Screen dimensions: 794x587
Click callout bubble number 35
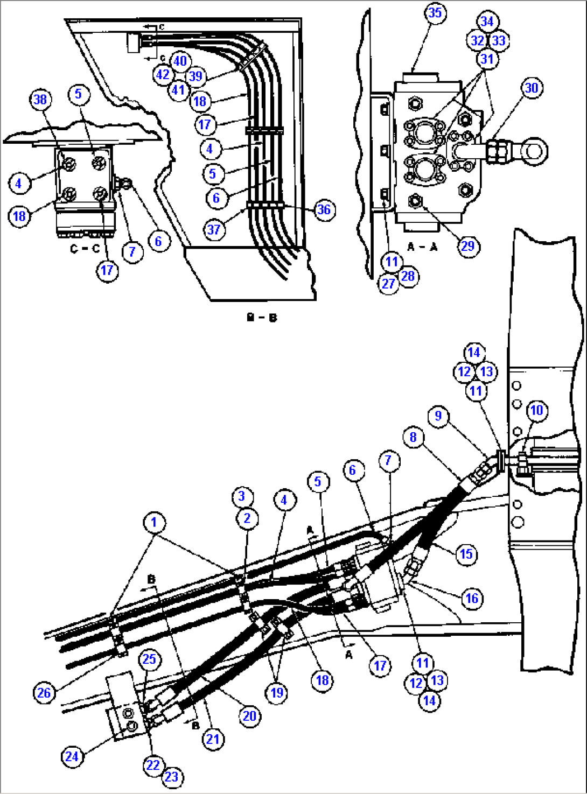click(x=435, y=12)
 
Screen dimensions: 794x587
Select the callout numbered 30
click(x=532, y=88)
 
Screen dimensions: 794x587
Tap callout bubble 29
click(x=467, y=246)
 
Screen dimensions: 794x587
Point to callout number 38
click(x=40, y=99)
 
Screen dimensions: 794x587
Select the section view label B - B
click(x=261, y=318)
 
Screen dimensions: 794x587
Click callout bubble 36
click(x=324, y=209)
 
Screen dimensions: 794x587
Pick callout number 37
click(x=214, y=230)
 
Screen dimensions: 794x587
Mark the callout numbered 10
click(x=536, y=411)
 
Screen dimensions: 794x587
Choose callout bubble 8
click(x=413, y=437)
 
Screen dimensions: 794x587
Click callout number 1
click(x=154, y=522)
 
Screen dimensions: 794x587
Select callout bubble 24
click(x=72, y=756)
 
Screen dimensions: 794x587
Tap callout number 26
click(x=44, y=692)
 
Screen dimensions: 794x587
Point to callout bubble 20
click(x=249, y=716)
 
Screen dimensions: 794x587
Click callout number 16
click(x=472, y=598)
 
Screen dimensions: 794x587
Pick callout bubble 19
click(x=277, y=692)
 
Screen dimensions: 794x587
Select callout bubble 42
click(x=163, y=75)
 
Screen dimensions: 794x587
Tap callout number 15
click(x=466, y=554)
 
